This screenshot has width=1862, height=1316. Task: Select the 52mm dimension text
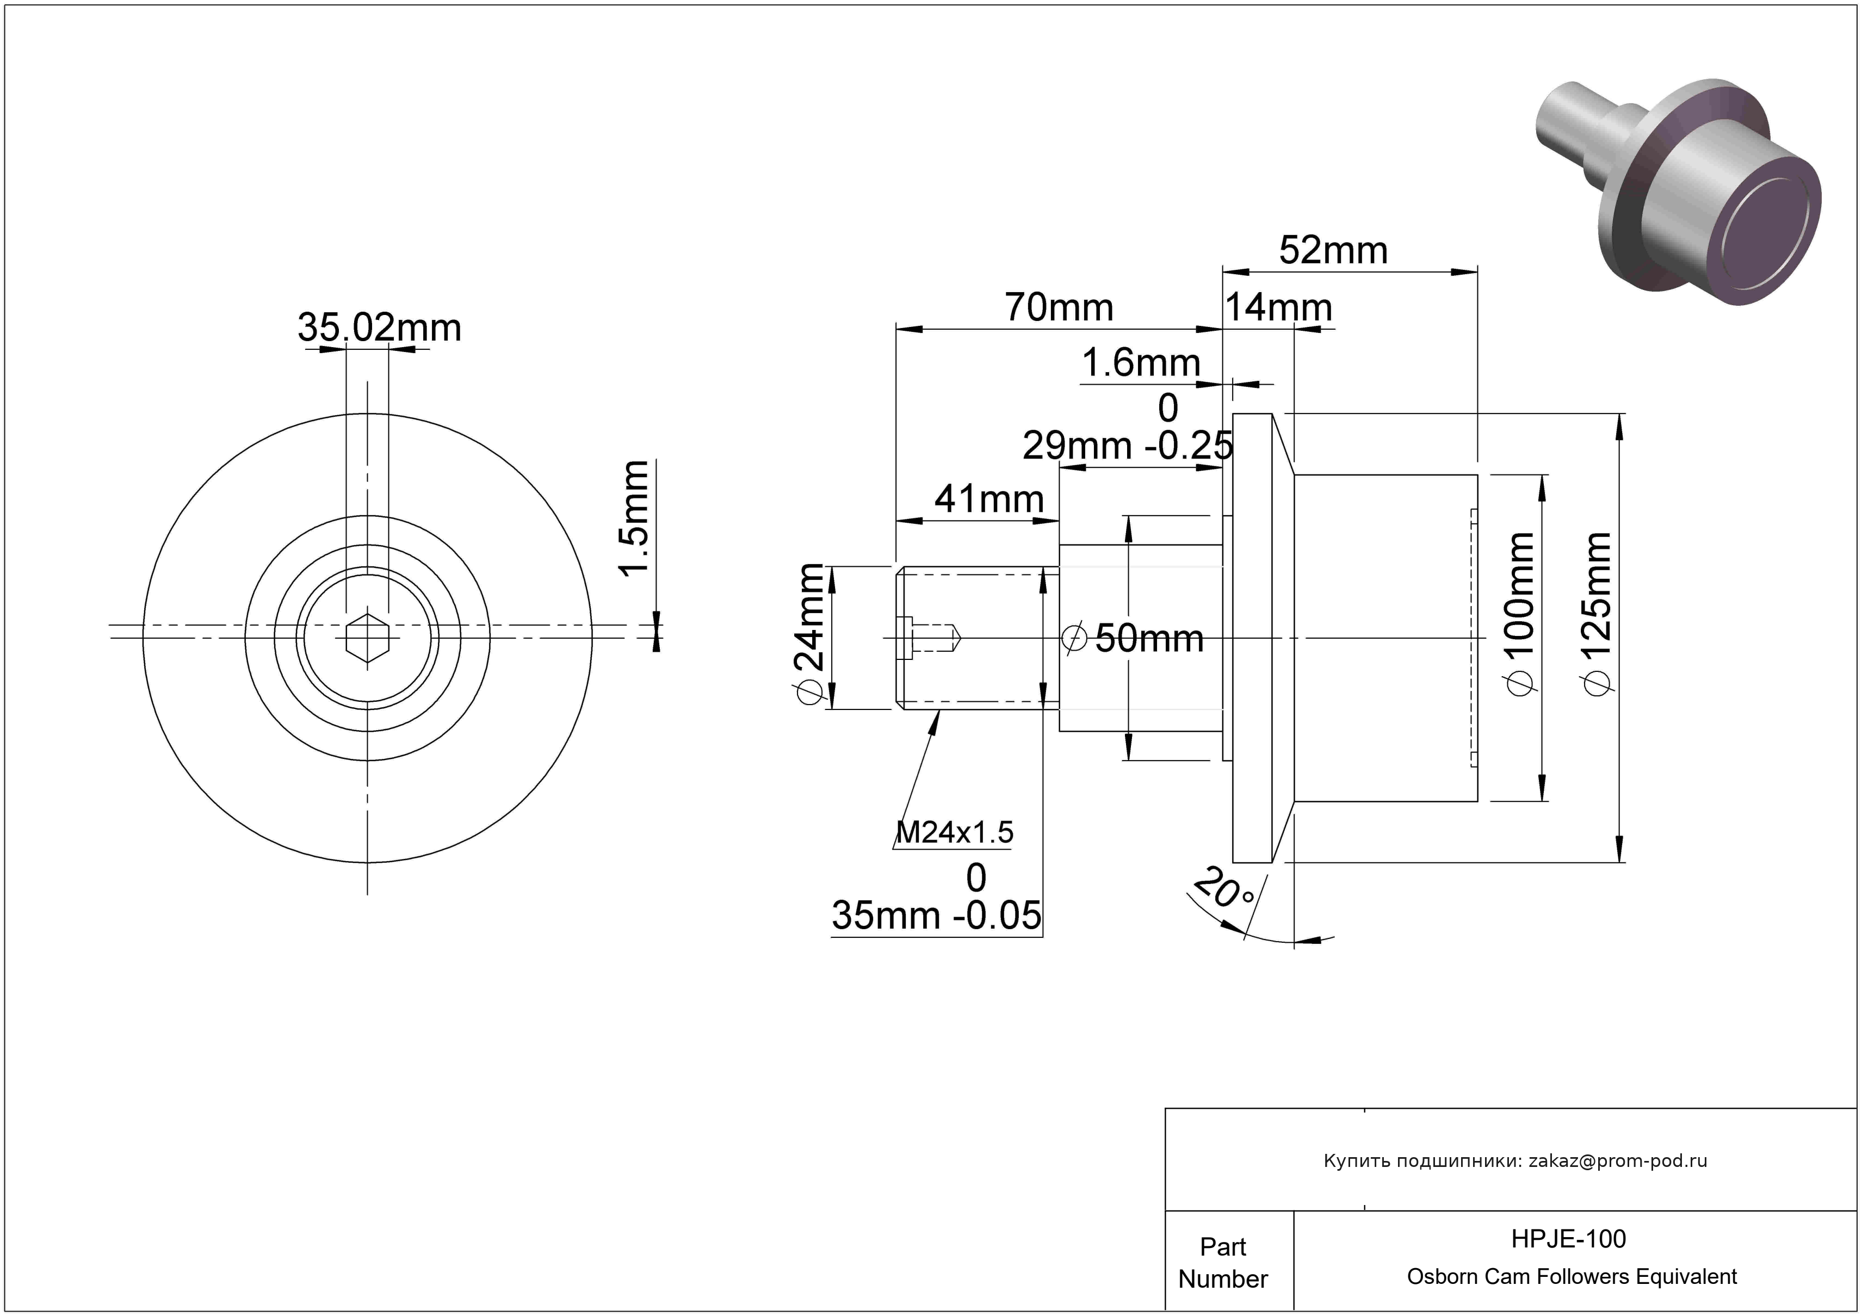[1333, 251]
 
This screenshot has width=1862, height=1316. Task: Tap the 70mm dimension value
[1059, 307]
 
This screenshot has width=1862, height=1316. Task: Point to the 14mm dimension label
[1278, 307]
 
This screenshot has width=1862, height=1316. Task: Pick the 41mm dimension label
[989, 499]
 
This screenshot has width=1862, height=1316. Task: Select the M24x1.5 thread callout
[955, 832]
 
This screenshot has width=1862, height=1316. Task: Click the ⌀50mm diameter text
[1134, 638]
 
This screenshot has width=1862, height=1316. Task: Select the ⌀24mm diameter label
[811, 634]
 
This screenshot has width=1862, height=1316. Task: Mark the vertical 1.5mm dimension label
[634, 517]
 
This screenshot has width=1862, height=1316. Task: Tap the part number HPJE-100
[1568, 1238]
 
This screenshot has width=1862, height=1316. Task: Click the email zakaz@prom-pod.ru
[1618, 1160]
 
